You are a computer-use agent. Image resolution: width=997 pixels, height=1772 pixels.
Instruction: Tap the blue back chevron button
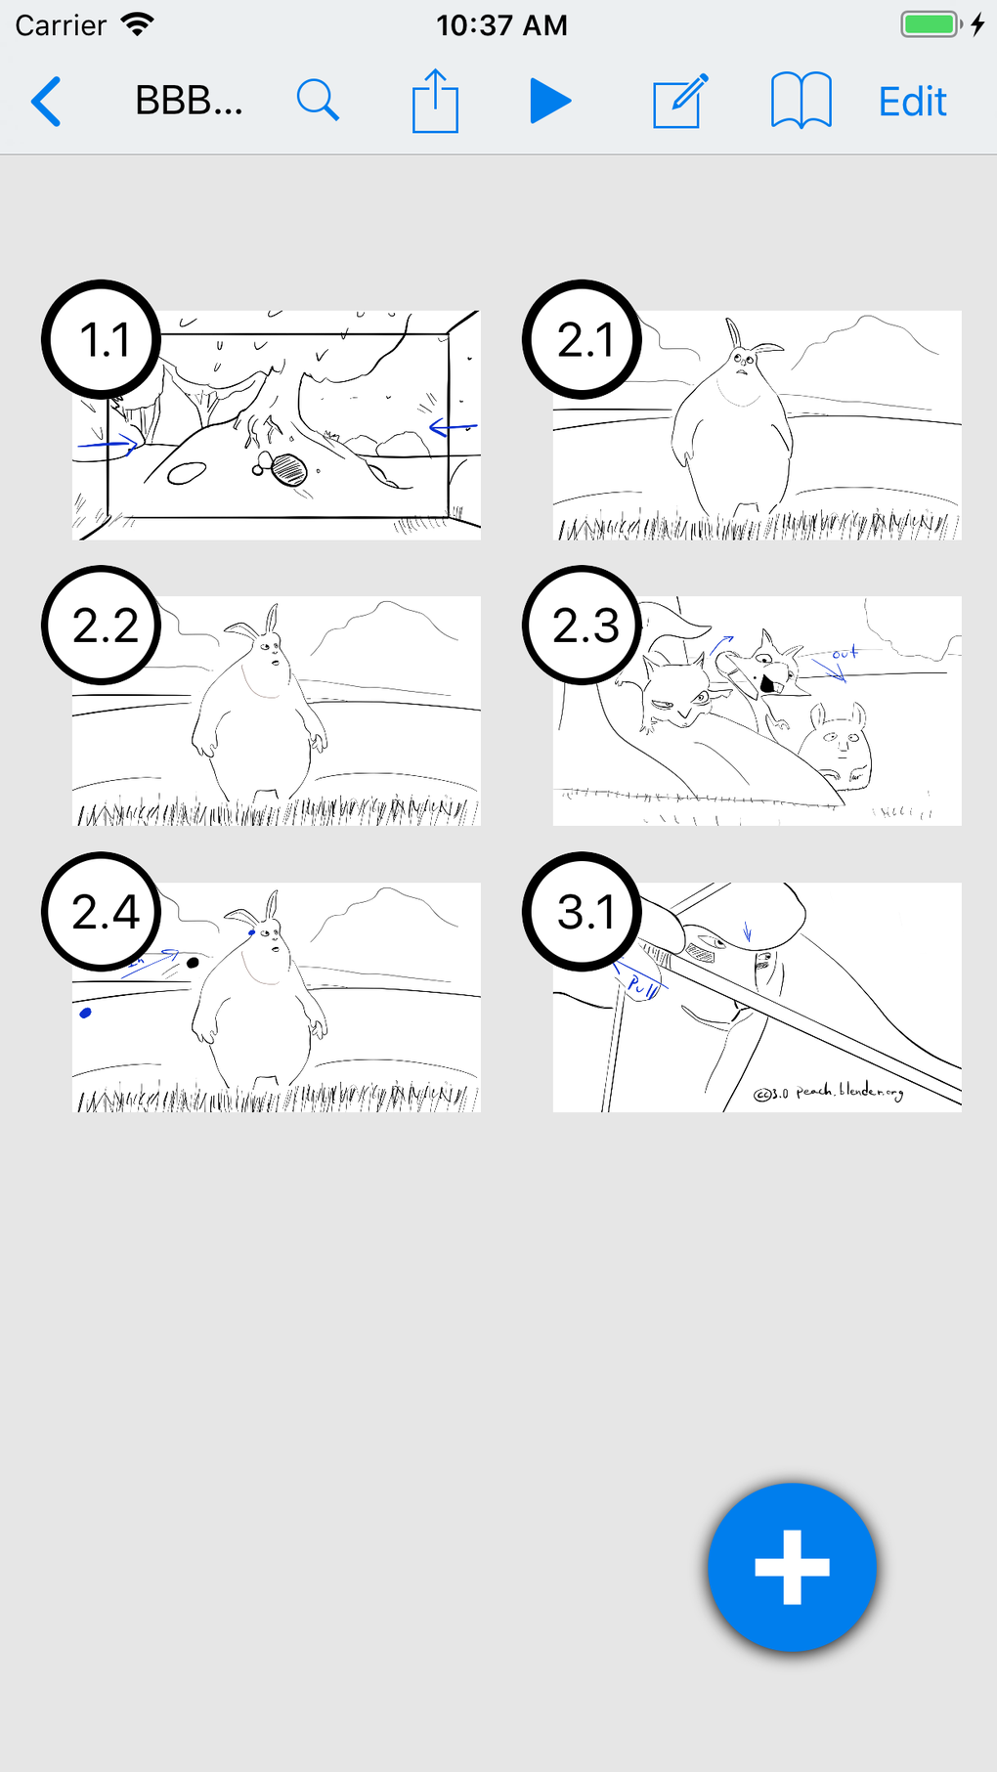pos(46,102)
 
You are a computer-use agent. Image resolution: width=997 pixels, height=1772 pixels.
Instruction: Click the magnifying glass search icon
pos(318,101)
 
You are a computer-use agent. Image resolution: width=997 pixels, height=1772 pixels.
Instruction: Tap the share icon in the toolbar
pos(435,101)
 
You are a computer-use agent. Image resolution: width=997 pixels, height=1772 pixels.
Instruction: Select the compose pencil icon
pos(679,101)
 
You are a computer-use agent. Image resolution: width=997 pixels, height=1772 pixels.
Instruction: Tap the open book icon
pos(801,101)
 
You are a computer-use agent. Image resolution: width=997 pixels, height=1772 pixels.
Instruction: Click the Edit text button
pos(912,102)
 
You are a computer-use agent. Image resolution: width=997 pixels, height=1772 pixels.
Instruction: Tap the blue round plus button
pos(792,1567)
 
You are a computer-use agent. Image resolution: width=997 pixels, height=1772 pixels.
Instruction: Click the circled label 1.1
pos(102,339)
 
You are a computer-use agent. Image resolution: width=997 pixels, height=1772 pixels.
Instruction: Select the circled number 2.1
pos(583,339)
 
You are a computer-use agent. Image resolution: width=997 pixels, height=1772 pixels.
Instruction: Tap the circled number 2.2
pos(102,626)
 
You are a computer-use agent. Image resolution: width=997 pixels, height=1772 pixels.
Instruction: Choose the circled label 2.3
pos(583,626)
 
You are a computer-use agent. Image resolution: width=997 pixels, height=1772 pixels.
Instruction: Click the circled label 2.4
pos(102,912)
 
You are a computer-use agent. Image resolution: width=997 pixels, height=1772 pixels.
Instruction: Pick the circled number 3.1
pos(583,912)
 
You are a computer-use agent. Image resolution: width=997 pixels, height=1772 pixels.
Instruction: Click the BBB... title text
pos(189,101)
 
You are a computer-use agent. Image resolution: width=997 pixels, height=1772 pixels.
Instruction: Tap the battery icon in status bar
pos(930,24)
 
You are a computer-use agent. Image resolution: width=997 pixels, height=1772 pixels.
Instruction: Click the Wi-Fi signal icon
pos(138,24)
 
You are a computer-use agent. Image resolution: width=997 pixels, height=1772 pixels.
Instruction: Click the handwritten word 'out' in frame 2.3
pos(845,653)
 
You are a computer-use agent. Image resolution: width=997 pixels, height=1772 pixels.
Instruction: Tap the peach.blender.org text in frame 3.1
pos(848,1091)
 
